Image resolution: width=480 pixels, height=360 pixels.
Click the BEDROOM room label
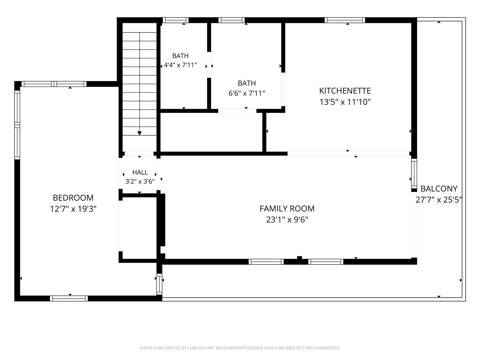(73, 198)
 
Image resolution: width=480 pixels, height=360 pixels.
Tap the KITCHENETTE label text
(345, 91)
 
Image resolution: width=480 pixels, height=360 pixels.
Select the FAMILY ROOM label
(287, 208)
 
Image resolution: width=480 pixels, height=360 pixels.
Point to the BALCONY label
(439, 188)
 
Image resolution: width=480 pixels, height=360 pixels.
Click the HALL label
(140, 172)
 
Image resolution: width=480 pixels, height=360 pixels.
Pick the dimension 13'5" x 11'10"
(345, 102)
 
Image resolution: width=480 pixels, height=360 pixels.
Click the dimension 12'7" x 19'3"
(73, 209)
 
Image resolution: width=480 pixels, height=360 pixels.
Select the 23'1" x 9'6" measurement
(287, 220)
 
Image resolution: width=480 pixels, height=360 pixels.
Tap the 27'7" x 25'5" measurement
(439, 199)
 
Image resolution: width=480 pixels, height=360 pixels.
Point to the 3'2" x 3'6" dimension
(140, 181)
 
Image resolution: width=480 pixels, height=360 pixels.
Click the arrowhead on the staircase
(139, 133)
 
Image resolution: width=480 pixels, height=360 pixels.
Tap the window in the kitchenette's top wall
(345, 20)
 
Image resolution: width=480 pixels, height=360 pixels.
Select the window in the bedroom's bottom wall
(69, 298)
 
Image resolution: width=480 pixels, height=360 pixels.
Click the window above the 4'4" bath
(175, 20)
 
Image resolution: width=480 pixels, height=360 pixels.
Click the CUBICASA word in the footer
(196, 348)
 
